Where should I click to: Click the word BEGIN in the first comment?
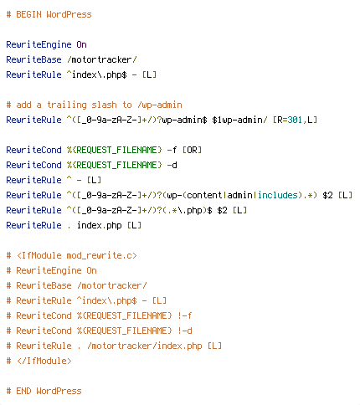[x=28, y=14]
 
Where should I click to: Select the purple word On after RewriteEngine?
[x=81, y=44]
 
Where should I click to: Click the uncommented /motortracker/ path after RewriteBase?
[x=102, y=59]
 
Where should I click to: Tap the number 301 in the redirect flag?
[x=295, y=120]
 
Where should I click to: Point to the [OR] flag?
[x=192, y=150]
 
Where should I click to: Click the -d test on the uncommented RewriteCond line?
[x=172, y=165]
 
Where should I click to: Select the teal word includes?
[x=277, y=195]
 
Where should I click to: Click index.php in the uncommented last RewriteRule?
[x=100, y=225]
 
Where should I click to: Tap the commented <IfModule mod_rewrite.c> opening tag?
[x=77, y=255]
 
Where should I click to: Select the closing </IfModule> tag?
[x=44, y=361]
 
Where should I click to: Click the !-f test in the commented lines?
[x=185, y=315]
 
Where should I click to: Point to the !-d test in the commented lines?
[x=185, y=331]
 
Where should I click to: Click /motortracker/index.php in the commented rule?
[x=145, y=346]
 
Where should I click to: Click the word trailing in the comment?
[x=67, y=105]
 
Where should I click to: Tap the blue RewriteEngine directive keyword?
[x=39, y=44]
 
